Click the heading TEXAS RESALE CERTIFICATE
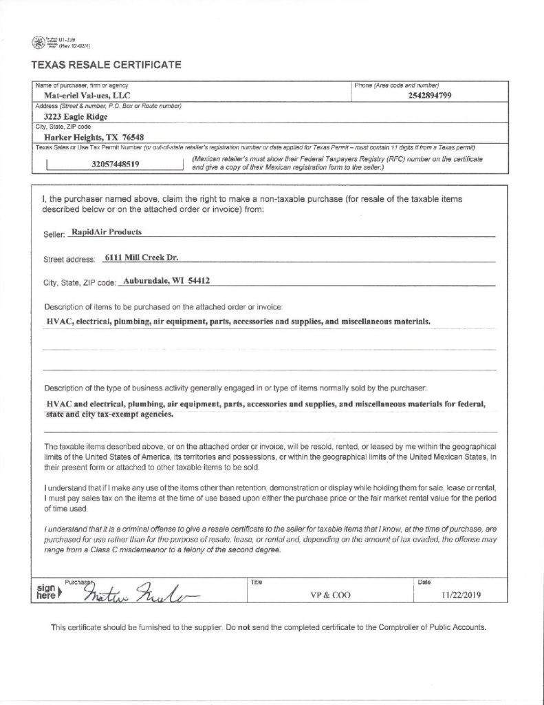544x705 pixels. (x=106, y=65)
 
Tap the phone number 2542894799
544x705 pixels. (x=429, y=96)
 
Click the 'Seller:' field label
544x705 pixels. (x=54, y=234)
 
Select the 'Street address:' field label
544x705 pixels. (x=69, y=260)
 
